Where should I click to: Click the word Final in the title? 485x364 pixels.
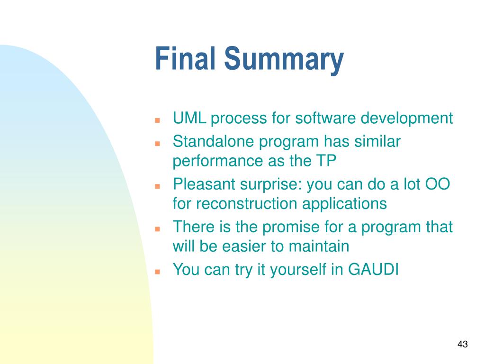[185, 58]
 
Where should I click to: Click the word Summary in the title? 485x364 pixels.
[284, 60]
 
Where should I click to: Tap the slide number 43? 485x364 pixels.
[462, 344]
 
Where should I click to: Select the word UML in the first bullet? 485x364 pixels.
[189, 118]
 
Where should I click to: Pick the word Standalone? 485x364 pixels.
[214, 141]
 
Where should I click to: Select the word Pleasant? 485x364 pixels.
[204, 184]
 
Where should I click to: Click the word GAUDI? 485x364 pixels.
[373, 269]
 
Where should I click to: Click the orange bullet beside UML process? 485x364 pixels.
[157, 120]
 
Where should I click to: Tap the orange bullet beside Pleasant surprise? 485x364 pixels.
[157, 186]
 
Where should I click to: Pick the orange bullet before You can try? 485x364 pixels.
[157, 272]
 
